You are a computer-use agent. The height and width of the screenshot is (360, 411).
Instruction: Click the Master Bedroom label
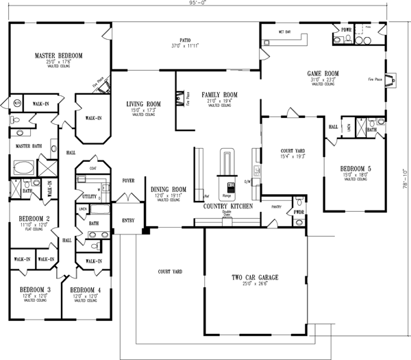59,55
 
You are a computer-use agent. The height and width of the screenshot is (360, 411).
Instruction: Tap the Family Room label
219,95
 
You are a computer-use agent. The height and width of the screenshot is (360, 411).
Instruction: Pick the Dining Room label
169,189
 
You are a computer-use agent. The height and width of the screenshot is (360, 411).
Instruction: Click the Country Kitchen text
225,206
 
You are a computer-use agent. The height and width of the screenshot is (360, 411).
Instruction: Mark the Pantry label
277,206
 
